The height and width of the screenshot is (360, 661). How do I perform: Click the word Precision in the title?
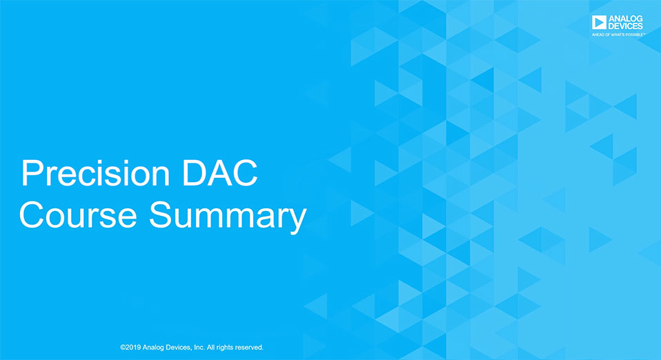point(96,173)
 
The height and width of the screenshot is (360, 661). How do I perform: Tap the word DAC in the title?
point(219,173)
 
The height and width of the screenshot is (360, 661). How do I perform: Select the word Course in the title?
point(78,215)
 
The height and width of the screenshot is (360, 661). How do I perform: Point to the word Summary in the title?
point(228,217)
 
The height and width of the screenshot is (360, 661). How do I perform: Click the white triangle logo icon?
point(599,22)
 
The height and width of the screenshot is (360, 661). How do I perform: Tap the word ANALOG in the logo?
point(626,19)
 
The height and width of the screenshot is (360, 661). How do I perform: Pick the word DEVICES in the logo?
point(626,26)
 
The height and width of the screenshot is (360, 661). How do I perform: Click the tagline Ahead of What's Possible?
point(618,34)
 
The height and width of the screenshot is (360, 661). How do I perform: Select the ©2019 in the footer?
point(130,348)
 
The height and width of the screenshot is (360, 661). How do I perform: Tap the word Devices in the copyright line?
point(178,348)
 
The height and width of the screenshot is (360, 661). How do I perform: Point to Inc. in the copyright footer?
point(200,348)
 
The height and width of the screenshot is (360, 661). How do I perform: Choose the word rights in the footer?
point(225,348)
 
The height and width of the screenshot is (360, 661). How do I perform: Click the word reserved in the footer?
point(249,348)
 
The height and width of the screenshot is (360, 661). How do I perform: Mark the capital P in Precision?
point(31,173)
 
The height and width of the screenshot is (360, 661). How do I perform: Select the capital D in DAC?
point(193,173)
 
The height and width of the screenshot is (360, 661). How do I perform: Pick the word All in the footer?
point(210,348)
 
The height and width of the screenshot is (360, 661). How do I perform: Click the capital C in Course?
point(32,215)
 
